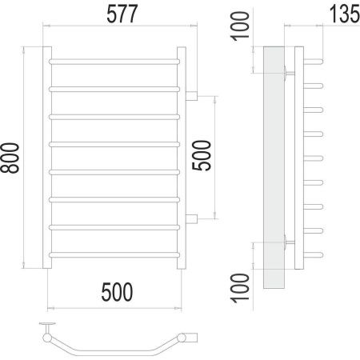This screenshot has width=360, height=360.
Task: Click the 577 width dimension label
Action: coord(122,14)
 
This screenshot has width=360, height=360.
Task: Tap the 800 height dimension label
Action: coord(10,158)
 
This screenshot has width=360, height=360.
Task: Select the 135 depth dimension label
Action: coord(345,14)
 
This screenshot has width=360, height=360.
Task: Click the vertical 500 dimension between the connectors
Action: coord(202,155)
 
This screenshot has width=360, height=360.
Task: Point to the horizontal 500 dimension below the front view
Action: coord(117,292)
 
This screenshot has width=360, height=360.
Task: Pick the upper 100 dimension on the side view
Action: coord(240,26)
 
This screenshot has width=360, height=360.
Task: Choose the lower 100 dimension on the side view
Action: coord(240,288)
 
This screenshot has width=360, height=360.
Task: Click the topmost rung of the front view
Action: coord(114,62)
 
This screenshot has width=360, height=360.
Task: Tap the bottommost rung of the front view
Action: coord(114,254)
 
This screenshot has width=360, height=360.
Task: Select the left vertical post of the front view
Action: coord(47,158)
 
